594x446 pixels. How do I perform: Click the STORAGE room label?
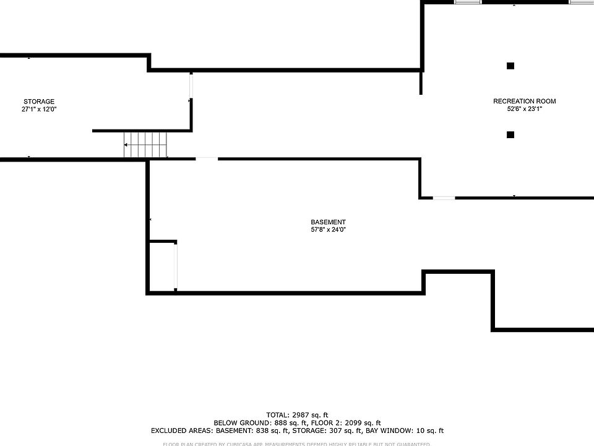coord(39,102)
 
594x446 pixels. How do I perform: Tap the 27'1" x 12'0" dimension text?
coord(39,109)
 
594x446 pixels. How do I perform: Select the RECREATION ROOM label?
coord(524,102)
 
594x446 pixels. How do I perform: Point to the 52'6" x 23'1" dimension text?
coord(524,109)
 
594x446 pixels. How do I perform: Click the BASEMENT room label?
coord(328,222)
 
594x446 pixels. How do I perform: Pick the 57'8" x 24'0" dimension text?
coord(328,230)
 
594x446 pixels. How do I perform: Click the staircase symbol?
coord(145,145)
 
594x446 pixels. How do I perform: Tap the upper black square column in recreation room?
coord(510,66)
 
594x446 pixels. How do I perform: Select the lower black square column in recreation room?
coord(510,134)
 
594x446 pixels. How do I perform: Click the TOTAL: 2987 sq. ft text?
coord(297,415)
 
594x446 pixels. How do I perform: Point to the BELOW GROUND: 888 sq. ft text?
coord(253,423)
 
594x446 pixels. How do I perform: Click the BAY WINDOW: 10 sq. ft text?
coord(407,431)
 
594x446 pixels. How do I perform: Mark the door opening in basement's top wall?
coord(207,159)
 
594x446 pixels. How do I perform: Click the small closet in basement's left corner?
coord(163,266)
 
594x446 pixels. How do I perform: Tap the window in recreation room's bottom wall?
coord(443,198)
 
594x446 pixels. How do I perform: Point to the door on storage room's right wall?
coord(191,86)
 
